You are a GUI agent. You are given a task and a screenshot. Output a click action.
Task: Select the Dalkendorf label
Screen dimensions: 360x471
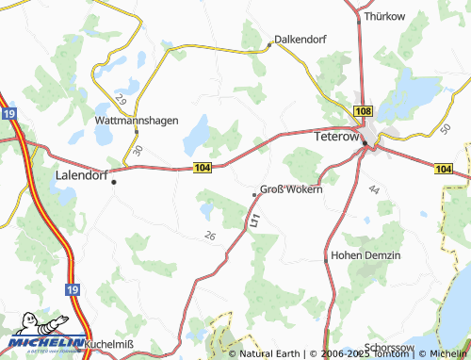(300, 41)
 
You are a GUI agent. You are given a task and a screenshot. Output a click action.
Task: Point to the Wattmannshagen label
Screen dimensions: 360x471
(137, 121)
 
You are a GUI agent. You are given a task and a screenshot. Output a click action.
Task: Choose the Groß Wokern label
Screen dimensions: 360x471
(291, 188)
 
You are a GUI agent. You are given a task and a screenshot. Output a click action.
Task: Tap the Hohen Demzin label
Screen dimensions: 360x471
(367, 255)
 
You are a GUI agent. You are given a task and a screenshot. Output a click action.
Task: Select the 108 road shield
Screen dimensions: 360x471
(364, 111)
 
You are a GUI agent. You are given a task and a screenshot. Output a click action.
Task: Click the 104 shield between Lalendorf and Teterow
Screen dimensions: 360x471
(202, 167)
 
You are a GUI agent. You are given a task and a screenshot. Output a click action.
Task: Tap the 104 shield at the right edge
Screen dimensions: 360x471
(445, 168)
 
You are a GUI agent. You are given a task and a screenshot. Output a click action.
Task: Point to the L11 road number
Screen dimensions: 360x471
(255, 221)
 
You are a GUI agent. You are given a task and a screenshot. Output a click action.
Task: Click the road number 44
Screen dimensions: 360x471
(374, 191)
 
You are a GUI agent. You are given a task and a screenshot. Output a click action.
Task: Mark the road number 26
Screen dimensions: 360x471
(209, 236)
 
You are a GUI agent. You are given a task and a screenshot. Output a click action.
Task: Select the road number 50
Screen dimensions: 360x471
(445, 128)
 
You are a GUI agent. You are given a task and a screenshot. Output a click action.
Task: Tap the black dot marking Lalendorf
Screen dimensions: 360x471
(114, 182)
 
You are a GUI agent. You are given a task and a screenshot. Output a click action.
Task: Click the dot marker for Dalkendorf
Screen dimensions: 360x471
(269, 45)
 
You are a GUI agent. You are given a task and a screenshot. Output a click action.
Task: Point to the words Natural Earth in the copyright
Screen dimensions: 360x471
(270, 353)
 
